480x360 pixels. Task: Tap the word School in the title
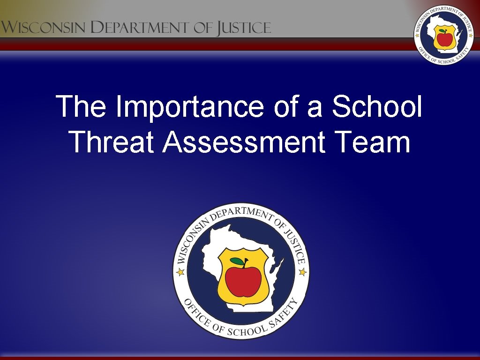coord(377,107)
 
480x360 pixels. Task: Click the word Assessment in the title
coord(244,142)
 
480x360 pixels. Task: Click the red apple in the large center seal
coord(243,281)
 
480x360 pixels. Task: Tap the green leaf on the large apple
coord(237,262)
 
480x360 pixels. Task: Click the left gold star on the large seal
coord(180,271)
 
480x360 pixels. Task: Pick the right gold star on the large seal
coord(302,271)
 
